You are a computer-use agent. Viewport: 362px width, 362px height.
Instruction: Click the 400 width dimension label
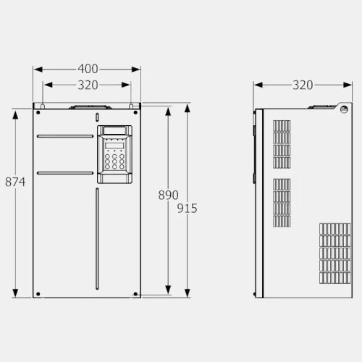pyautogui.click(x=88, y=69)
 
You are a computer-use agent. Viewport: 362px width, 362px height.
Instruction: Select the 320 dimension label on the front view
pyautogui.click(x=88, y=85)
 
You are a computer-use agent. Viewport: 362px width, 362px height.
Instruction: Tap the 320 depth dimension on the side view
pyautogui.click(x=303, y=85)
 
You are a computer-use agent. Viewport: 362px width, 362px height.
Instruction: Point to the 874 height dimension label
pyautogui.click(x=15, y=182)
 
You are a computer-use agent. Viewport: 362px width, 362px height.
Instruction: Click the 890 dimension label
pyautogui.click(x=169, y=195)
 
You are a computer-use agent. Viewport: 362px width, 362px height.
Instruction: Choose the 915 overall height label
pyautogui.click(x=188, y=209)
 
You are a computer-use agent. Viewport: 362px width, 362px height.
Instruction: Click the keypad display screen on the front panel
pyautogui.click(x=114, y=146)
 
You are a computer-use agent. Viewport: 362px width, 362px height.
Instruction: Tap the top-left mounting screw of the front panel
pyautogui.click(x=38, y=112)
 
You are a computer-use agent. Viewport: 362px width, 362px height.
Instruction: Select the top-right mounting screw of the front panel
pyautogui.click(x=135, y=112)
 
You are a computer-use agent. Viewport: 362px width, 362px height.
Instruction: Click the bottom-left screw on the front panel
pyautogui.click(x=38, y=294)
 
